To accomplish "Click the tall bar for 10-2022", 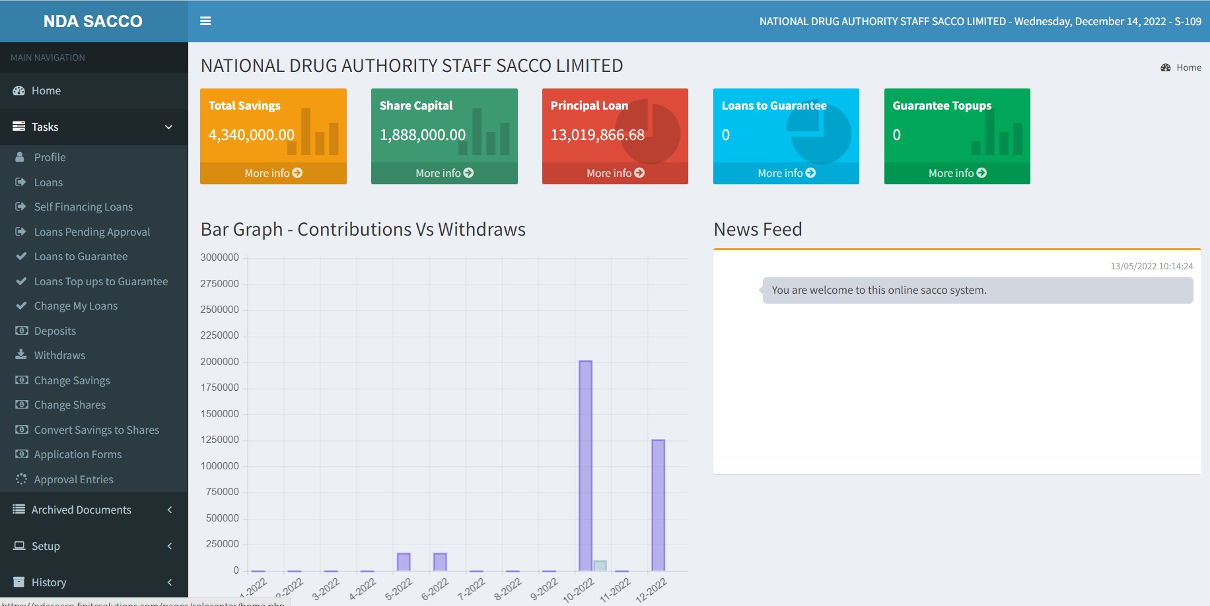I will point(585,465).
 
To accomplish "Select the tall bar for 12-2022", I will point(658,505).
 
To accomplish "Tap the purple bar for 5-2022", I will point(404,562).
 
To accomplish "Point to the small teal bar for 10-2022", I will point(600,566).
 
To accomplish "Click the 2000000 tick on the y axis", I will point(220,362).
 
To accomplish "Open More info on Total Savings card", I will point(273,173).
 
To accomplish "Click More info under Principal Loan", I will point(615,173).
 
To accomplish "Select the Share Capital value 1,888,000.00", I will point(423,135).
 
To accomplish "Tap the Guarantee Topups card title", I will point(942,106).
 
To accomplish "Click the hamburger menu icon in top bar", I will point(205,21).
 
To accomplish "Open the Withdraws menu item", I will point(59,355).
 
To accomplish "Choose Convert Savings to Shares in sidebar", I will point(96,430).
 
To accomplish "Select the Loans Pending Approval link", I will point(92,232).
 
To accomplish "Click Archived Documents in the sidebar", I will point(81,510).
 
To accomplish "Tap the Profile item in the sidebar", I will point(50,157).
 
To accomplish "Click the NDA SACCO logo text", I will point(93,21).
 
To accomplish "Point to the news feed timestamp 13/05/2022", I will point(1151,266).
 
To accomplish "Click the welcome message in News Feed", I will point(878,290).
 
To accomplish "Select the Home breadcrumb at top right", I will point(1188,67).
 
